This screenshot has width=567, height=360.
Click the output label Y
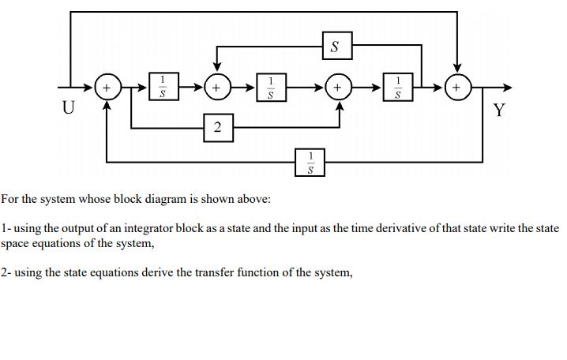point(498,110)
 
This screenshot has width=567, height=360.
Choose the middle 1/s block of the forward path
point(271,87)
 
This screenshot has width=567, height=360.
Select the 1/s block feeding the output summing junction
point(400,87)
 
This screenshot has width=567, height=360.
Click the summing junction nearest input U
point(107,87)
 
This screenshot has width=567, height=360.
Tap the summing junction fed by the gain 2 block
point(339,87)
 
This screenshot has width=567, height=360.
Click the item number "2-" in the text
point(6,272)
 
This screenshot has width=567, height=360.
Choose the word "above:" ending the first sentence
point(253,200)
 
